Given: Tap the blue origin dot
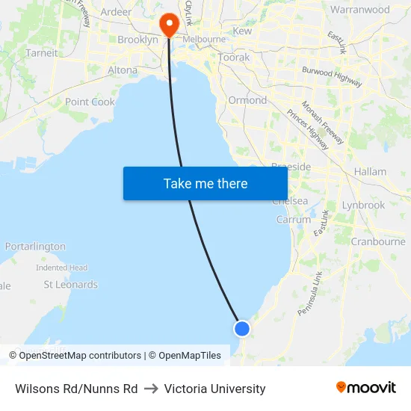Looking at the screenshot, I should [x=241, y=328].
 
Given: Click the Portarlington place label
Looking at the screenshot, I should [x=35, y=247].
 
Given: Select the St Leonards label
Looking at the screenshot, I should [x=70, y=285].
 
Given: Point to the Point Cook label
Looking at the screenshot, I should [x=90, y=102].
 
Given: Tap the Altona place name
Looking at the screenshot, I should [x=123, y=70].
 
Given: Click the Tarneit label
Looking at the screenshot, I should [x=41, y=53].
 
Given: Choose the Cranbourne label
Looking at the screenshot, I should [x=378, y=241].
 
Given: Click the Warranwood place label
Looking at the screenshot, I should [x=360, y=10].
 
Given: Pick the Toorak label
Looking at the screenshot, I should [x=234, y=57].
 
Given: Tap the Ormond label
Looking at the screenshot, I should [x=247, y=100].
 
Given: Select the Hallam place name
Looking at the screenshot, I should [x=371, y=172].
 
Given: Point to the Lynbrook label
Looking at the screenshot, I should [x=363, y=205].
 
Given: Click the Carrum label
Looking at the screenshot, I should [x=294, y=220].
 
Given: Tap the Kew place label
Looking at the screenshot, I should [x=243, y=31].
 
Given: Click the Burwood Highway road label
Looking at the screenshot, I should [x=333, y=76].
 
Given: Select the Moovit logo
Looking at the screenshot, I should [x=366, y=388].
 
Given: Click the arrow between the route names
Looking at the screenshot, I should [x=151, y=389].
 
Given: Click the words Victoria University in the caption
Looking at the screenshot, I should [x=214, y=389].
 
